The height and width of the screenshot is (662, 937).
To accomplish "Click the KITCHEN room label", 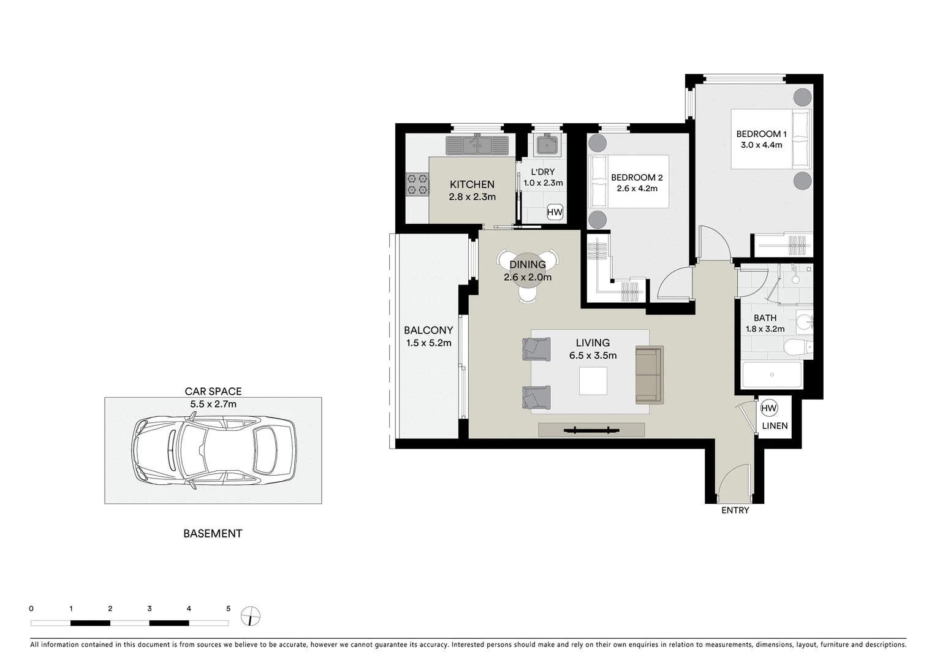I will [472, 185].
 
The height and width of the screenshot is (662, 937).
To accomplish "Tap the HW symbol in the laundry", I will [555, 213].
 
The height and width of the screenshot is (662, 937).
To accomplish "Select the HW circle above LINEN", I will [768, 408].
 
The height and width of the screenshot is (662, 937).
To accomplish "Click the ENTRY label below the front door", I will [735, 510].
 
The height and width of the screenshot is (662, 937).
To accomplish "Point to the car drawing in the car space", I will [213, 451].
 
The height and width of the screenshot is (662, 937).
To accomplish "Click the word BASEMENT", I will [213, 533].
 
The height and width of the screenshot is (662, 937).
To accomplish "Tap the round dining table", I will [528, 270].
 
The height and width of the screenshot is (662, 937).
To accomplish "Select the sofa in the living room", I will [650, 375].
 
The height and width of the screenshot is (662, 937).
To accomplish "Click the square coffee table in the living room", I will [593, 381].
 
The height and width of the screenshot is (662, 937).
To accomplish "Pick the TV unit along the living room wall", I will [591, 430].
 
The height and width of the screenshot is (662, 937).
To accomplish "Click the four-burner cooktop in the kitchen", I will [417, 185].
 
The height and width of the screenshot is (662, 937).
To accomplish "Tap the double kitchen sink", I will [477, 145].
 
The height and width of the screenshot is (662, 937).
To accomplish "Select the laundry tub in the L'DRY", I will [547, 145].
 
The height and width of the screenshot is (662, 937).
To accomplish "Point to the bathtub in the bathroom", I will [772, 375].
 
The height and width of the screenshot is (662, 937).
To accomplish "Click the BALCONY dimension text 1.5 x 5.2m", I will [428, 343].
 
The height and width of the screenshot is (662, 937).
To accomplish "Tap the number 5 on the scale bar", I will [229, 609].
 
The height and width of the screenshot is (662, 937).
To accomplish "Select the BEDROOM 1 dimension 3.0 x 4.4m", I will [761, 145].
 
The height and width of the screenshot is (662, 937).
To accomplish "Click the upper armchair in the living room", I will [536, 349].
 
